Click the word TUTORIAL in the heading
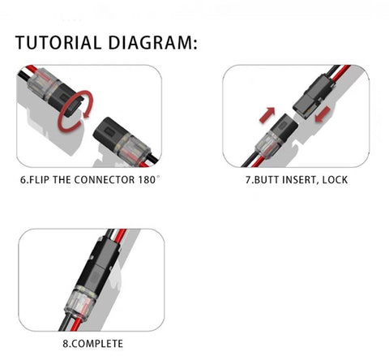[58, 43]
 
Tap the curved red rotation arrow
[75, 110]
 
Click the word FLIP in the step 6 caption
[39, 180]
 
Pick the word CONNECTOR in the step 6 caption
[105, 180]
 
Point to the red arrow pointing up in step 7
[267, 115]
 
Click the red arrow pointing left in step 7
[323, 114]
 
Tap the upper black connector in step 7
[314, 96]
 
